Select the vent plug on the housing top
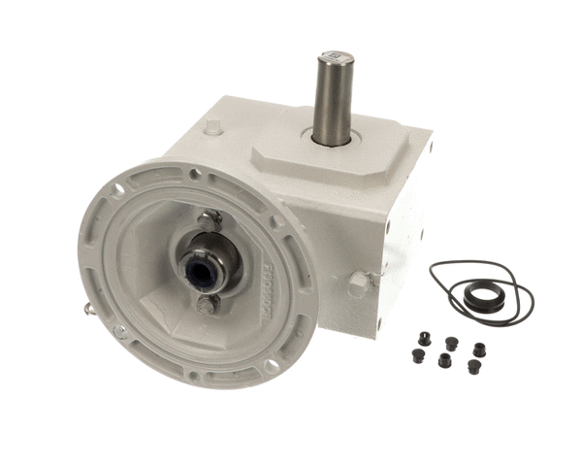(x=214, y=126)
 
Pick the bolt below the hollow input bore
(x=205, y=306)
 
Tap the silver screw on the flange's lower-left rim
(x=119, y=331)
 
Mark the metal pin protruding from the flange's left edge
(x=89, y=310)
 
